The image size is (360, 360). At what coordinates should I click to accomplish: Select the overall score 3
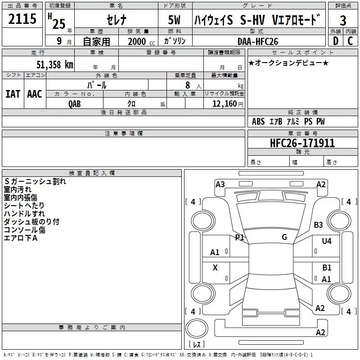pos(343,20)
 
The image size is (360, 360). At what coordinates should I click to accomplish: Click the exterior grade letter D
pos(335,41)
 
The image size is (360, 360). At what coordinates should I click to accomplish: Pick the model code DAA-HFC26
pos(258,41)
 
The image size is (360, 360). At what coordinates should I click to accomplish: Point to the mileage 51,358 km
pos(54,64)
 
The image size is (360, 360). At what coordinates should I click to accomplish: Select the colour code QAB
pos(75,104)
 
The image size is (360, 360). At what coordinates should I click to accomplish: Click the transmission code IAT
pos(13,94)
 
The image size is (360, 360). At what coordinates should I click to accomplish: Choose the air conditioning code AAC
pos(34,94)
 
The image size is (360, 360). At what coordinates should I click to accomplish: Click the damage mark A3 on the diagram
pos(220,184)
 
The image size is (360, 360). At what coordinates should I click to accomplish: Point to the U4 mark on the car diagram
pos(326,241)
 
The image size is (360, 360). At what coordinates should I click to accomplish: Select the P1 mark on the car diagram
pos(239,237)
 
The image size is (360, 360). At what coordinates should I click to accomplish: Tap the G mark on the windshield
pos(284,237)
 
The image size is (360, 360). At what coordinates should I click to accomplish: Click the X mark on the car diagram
pos(215,268)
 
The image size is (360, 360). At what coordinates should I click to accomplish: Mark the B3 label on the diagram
pos(319,225)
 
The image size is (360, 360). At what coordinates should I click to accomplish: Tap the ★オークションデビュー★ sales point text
pos(288,63)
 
